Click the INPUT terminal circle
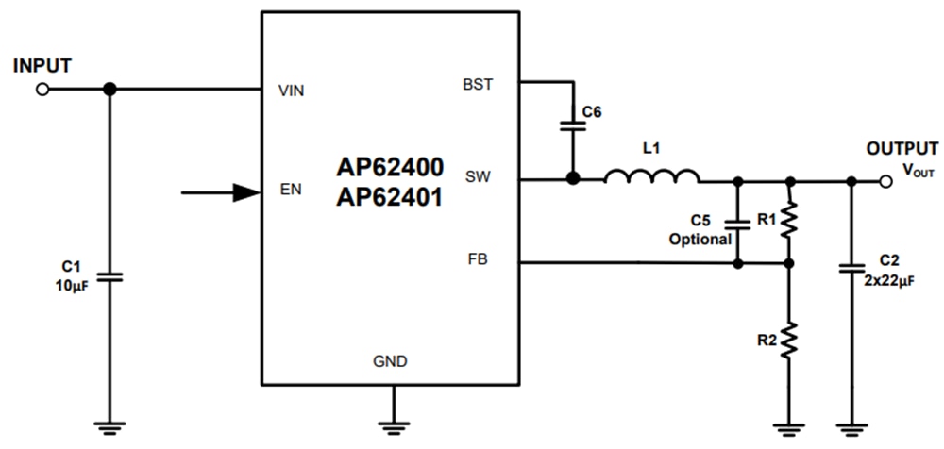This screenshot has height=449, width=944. [42, 90]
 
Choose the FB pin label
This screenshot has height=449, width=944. [478, 258]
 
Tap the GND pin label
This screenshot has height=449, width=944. [390, 361]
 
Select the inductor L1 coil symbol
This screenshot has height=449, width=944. [651, 176]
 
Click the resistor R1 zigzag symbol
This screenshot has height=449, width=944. [790, 222]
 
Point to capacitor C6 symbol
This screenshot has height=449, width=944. [570, 124]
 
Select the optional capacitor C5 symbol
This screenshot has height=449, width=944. [737, 224]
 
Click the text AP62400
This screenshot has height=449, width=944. [390, 167]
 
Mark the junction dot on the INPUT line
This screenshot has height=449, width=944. [110, 89]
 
